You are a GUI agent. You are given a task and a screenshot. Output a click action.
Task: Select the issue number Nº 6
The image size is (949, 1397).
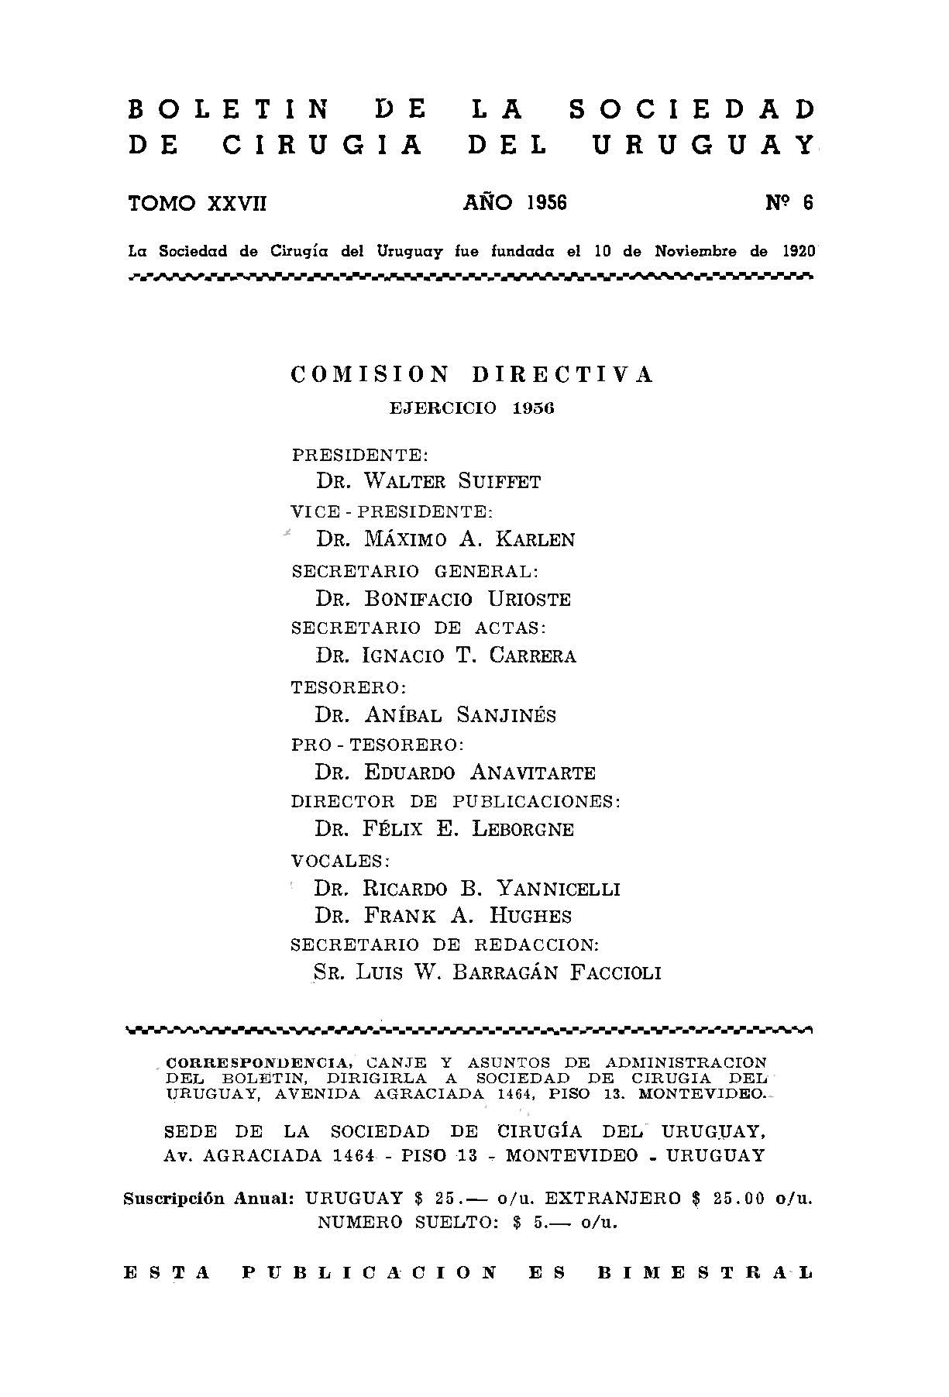[x=789, y=203]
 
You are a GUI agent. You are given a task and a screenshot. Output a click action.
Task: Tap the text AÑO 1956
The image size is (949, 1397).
[x=515, y=203]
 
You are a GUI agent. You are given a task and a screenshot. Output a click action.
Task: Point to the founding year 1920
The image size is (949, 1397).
[x=799, y=251]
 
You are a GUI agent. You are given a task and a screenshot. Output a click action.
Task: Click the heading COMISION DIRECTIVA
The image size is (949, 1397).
[x=473, y=375]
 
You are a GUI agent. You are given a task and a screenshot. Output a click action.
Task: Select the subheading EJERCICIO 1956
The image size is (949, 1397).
[x=472, y=408]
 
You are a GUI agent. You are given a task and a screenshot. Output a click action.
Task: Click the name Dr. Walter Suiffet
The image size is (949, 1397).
[x=428, y=481]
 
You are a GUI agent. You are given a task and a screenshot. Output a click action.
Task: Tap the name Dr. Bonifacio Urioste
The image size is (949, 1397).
[x=443, y=599]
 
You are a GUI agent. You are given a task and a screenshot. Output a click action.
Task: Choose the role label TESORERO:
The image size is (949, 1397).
[x=349, y=687]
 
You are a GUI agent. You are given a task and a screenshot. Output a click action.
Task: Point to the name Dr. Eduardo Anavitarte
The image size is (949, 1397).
[x=455, y=772]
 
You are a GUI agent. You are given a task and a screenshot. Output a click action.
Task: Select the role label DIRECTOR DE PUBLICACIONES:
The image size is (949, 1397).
[x=456, y=801]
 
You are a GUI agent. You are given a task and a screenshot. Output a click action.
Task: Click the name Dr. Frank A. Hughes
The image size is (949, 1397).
[x=443, y=916]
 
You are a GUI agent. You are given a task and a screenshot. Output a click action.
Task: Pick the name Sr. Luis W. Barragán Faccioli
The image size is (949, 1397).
[x=487, y=972]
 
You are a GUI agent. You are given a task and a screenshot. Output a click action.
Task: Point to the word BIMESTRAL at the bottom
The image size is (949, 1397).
[x=704, y=1272]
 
